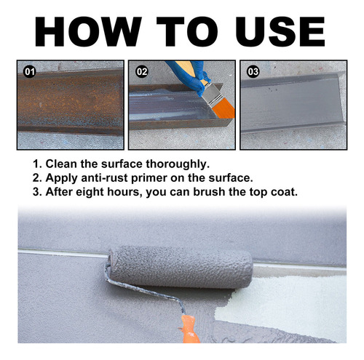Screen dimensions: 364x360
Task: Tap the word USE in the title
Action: click(280, 31)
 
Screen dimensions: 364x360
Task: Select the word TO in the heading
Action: click(187, 31)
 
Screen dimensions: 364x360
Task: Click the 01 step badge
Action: click(30, 72)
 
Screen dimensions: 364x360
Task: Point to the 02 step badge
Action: click(142, 72)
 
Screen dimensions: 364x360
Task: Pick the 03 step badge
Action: click(253, 72)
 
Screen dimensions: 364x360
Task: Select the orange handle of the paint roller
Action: click(189, 329)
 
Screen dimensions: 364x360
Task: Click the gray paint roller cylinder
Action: click(180, 267)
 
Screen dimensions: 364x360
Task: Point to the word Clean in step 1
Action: click(61, 164)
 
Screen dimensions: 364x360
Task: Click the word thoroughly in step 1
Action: click(178, 164)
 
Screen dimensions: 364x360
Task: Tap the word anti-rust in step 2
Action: click(104, 178)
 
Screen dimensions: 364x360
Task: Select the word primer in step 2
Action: click(149, 179)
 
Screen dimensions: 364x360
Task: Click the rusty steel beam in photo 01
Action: click(71, 102)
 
